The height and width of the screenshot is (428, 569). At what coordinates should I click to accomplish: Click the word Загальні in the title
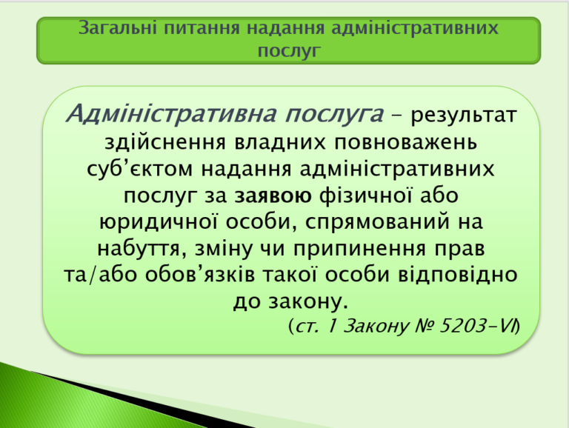[x=118, y=28]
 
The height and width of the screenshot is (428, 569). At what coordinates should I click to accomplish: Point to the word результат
[x=463, y=116]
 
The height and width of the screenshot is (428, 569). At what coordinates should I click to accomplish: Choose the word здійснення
[x=165, y=142]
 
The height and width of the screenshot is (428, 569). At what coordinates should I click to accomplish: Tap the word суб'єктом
[x=140, y=169]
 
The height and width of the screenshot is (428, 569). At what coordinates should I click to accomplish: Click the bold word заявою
[x=273, y=196]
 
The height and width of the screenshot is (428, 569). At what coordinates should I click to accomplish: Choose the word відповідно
[x=458, y=275]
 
